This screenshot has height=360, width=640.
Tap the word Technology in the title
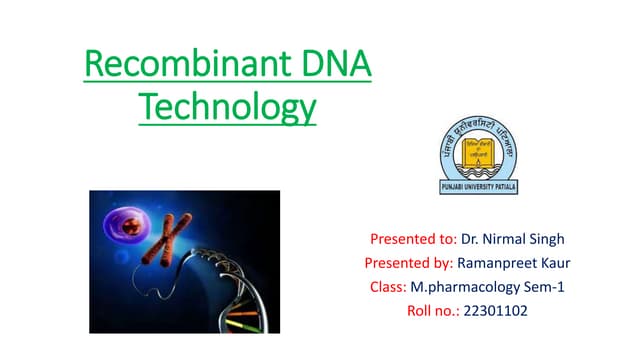[x=226, y=106]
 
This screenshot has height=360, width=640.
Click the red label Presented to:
[x=413, y=239]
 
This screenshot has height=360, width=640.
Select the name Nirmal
[x=505, y=239]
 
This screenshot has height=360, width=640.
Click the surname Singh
[x=546, y=239]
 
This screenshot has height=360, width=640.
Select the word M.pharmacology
[x=463, y=287]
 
